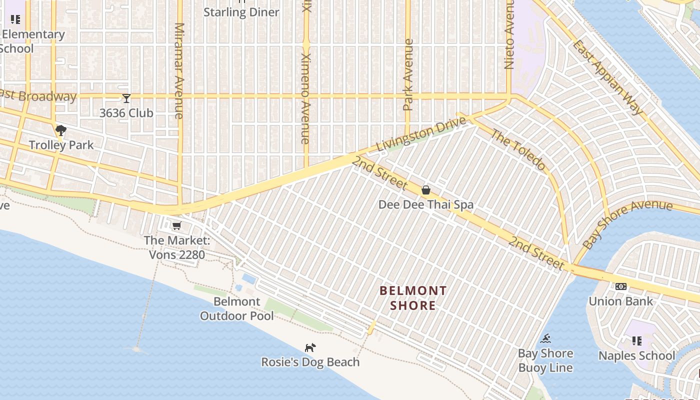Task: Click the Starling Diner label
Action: pyautogui.click(x=241, y=12)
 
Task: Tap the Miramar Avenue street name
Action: pyautogui.click(x=179, y=70)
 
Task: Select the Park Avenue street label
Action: pyautogui.click(x=408, y=75)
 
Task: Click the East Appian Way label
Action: pyautogui.click(x=607, y=77)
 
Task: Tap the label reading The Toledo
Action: pyautogui.click(x=517, y=149)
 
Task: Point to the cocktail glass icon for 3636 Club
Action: pyautogui.click(x=126, y=98)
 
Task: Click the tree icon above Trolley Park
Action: pyautogui.click(x=61, y=131)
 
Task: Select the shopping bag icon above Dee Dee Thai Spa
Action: pyautogui.click(x=426, y=190)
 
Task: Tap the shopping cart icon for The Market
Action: pyautogui.click(x=176, y=226)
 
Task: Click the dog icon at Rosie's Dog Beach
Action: pyautogui.click(x=310, y=347)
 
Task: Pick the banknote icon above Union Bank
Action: pyautogui.click(x=620, y=286)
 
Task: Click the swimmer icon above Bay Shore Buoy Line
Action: pyautogui.click(x=545, y=339)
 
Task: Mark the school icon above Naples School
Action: pyautogui.click(x=636, y=341)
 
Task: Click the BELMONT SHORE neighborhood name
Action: pyautogui.click(x=413, y=298)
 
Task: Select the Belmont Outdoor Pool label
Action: pyautogui.click(x=237, y=308)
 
